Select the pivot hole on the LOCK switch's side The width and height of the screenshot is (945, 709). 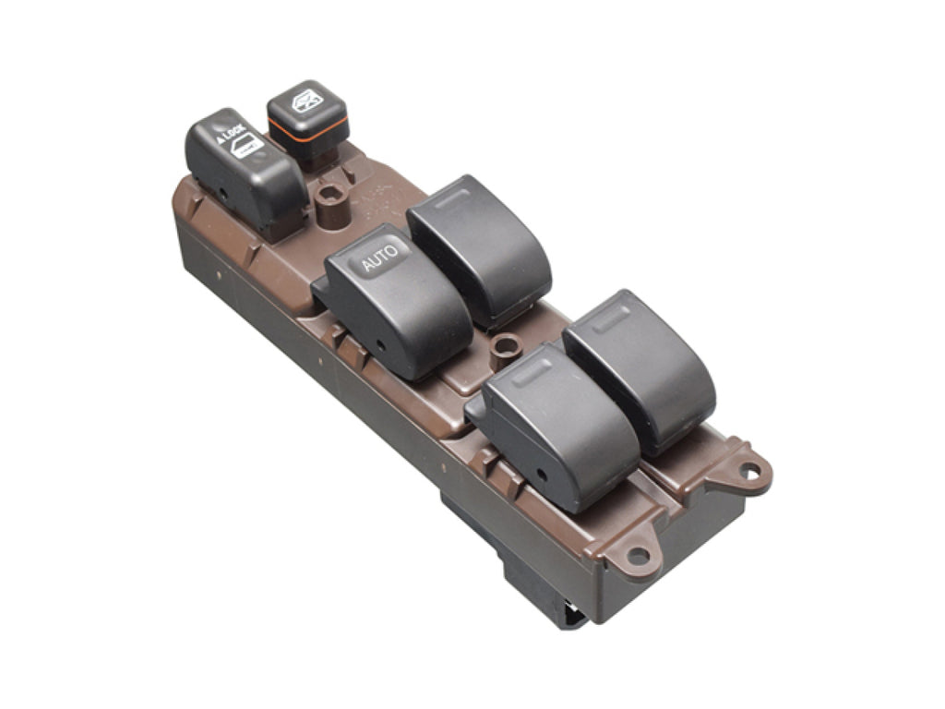pos(224,194)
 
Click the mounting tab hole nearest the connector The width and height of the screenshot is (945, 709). pos(638,555)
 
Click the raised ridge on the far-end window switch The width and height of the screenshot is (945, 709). pos(611,318)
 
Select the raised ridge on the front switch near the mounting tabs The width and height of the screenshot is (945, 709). pos(531,369)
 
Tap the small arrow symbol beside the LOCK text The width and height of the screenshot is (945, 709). pos(221,139)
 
